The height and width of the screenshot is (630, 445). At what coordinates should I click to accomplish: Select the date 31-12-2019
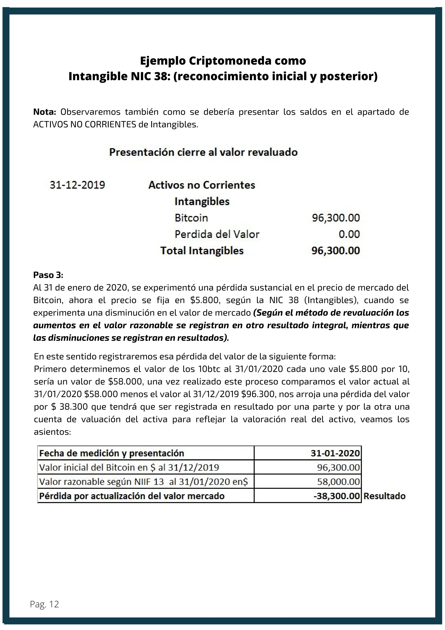click(77, 185)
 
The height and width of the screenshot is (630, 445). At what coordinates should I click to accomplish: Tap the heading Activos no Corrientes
click(202, 185)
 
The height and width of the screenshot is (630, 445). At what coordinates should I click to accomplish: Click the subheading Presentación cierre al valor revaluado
click(203, 152)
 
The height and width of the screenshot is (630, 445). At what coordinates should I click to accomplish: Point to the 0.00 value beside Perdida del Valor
click(349, 234)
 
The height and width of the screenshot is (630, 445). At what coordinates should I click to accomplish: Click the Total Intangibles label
click(202, 251)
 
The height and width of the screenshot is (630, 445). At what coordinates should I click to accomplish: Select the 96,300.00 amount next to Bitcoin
click(336, 218)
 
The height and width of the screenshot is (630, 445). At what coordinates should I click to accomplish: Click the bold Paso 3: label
click(48, 275)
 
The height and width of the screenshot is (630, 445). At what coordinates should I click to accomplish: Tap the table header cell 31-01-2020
click(335, 453)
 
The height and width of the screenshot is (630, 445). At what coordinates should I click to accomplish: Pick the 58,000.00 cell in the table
click(338, 482)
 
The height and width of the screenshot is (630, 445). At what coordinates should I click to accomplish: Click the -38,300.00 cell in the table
click(337, 496)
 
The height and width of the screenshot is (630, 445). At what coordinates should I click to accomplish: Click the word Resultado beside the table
click(384, 496)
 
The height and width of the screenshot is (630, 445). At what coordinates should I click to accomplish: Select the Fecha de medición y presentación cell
click(111, 453)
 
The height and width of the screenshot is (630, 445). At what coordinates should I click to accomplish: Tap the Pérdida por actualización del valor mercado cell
click(132, 496)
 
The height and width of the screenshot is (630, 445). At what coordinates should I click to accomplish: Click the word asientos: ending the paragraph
click(52, 432)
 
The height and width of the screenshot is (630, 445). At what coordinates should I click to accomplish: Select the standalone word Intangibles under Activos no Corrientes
click(202, 201)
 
